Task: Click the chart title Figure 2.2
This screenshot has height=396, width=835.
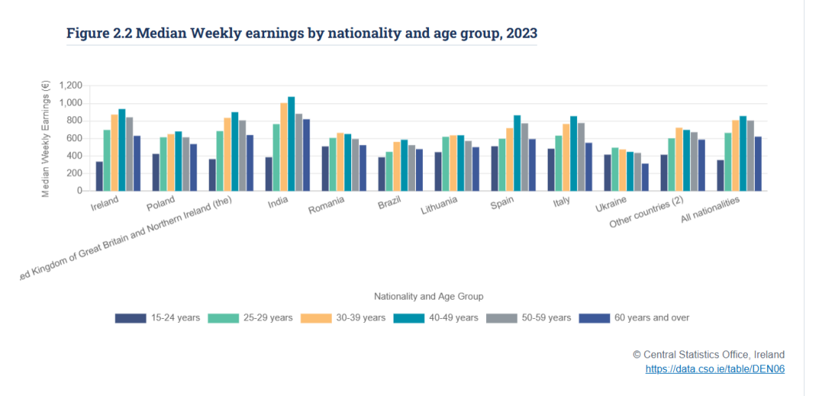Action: (x=302, y=33)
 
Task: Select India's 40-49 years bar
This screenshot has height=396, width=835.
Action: (x=291, y=143)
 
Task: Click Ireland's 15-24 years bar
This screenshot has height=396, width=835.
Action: (x=99, y=176)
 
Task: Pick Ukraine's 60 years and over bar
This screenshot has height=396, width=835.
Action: (x=645, y=177)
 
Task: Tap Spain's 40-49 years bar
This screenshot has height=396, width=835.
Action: (x=517, y=153)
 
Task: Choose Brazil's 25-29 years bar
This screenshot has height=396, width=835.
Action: (x=389, y=171)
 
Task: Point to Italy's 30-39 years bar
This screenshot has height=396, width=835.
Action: (x=566, y=157)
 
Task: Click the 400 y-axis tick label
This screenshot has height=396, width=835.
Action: (x=75, y=156)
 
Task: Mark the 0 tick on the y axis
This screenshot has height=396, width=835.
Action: (x=79, y=190)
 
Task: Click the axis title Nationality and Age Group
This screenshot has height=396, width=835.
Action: (x=428, y=296)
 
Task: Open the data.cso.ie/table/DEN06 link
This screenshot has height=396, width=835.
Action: (x=715, y=369)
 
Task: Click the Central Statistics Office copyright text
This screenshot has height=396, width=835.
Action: (x=709, y=354)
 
